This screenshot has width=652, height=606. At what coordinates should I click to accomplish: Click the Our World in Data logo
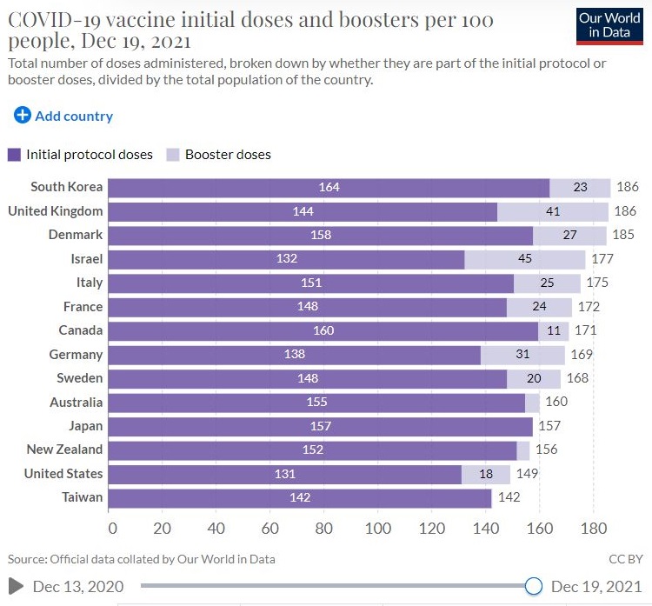[609, 24]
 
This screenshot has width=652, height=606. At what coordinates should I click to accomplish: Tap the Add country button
[63, 116]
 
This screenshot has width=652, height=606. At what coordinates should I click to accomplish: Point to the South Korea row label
[66, 187]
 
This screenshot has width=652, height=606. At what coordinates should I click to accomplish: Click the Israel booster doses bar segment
[525, 259]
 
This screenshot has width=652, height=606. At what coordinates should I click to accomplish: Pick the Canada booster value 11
[554, 330]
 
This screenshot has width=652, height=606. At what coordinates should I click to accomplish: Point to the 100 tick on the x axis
[379, 528]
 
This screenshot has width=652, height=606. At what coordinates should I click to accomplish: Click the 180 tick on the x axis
[593, 528]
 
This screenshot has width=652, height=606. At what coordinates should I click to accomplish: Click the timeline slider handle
[534, 586]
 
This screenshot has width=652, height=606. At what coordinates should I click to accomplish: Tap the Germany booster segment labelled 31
[522, 355]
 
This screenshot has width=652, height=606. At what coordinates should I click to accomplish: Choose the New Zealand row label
[64, 450]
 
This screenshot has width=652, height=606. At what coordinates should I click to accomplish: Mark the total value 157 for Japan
[549, 426]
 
